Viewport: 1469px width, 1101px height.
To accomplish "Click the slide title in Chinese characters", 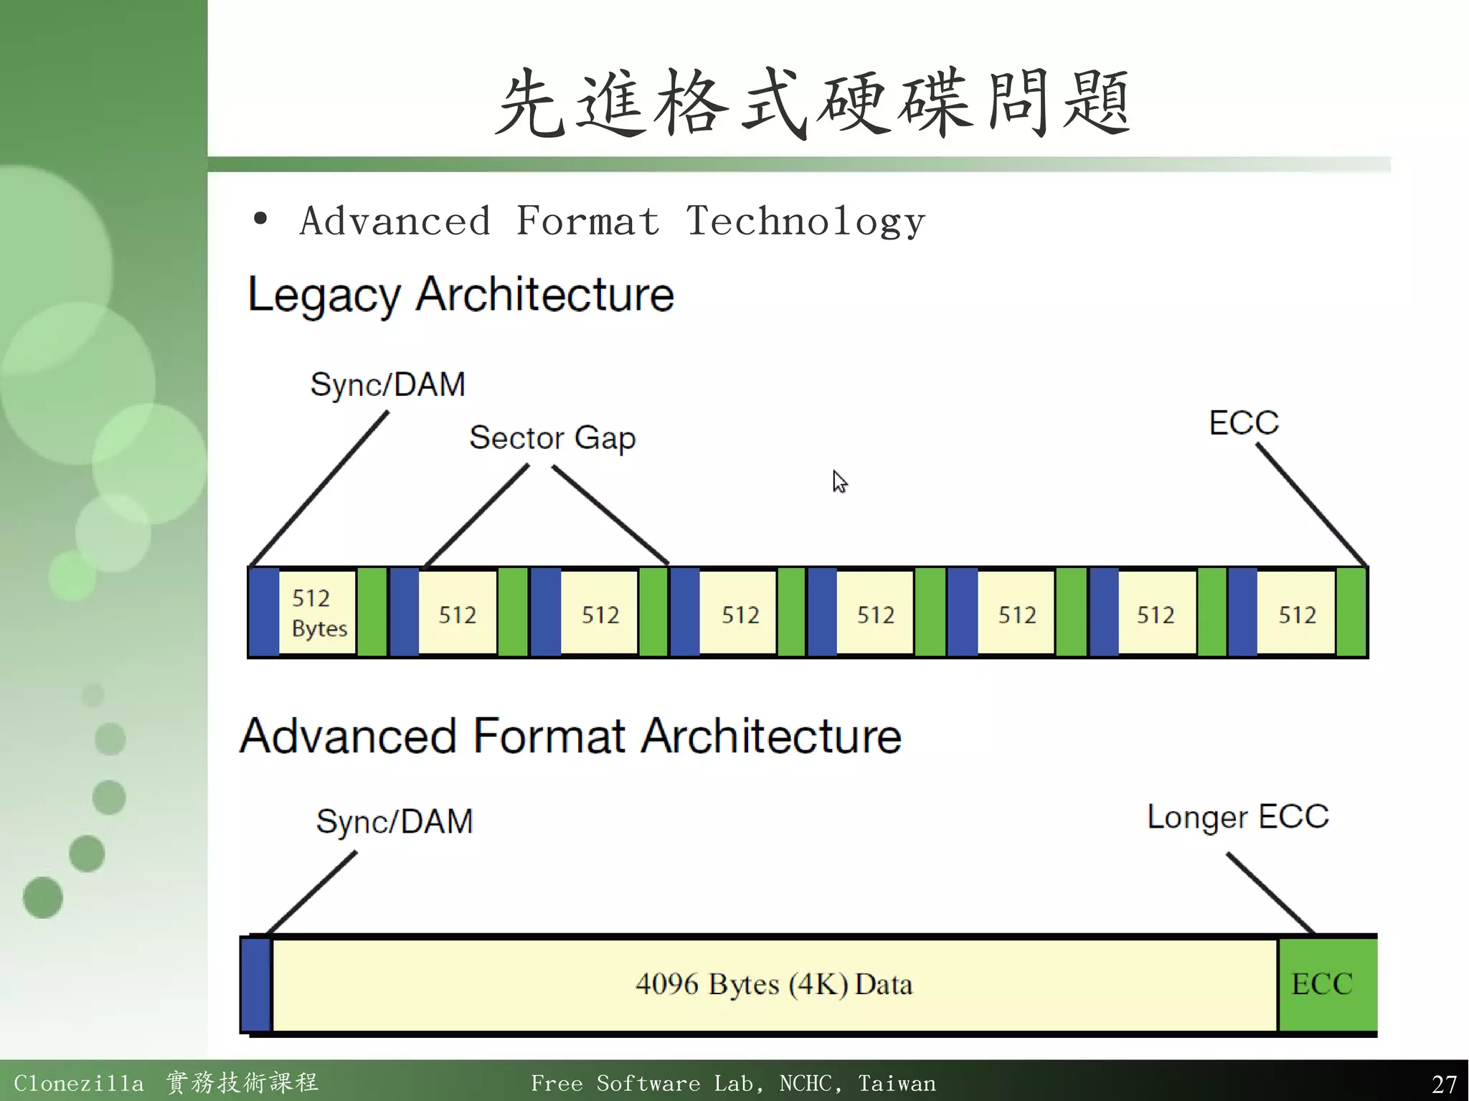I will click(813, 103).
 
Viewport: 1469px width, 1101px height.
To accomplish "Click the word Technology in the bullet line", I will click(805, 221).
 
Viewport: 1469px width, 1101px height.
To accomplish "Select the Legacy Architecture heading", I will click(460, 295).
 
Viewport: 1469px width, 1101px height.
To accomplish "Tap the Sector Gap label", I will click(552, 438).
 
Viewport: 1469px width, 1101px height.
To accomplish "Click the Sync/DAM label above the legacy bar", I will click(387, 384).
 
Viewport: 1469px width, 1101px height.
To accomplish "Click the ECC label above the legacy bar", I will click(1244, 422).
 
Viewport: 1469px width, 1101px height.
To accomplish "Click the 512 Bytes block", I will click(318, 613).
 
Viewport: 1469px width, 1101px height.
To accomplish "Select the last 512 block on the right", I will click(1296, 614).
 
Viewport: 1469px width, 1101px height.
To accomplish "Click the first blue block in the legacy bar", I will click(264, 612).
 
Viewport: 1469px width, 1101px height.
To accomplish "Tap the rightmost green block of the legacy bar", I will click(1351, 612).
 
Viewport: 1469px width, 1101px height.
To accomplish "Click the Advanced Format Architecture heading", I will click(570, 737).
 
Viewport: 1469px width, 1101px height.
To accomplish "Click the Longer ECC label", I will click(1237, 817).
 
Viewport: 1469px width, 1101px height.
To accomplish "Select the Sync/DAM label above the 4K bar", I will click(395, 821).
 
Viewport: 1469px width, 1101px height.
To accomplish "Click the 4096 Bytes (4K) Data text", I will click(773, 984).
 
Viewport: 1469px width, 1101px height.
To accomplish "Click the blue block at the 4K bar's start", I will click(255, 984).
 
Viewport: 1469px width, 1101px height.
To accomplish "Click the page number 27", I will click(1443, 1083).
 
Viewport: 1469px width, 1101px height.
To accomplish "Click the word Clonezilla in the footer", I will click(78, 1083).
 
